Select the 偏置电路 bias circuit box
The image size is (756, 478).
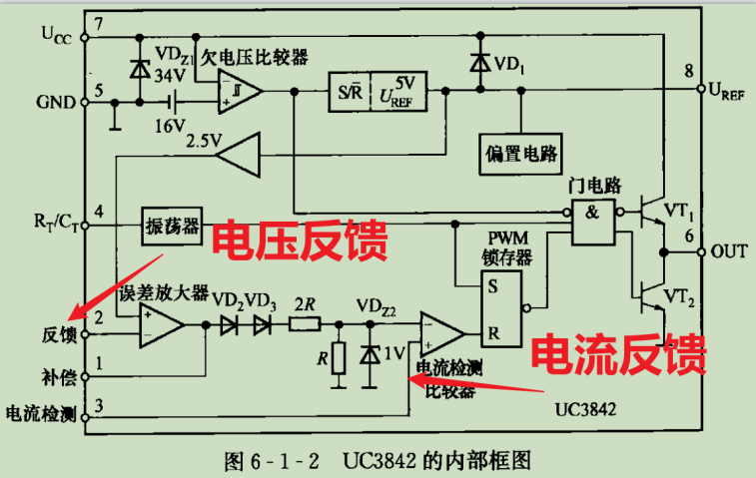click(x=518, y=155)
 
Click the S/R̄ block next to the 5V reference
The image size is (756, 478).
click(x=350, y=92)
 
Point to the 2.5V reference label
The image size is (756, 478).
click(x=204, y=141)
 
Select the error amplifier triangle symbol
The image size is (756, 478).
click(x=160, y=325)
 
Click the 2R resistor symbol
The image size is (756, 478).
click(x=305, y=325)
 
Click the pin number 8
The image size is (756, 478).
click(x=689, y=71)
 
